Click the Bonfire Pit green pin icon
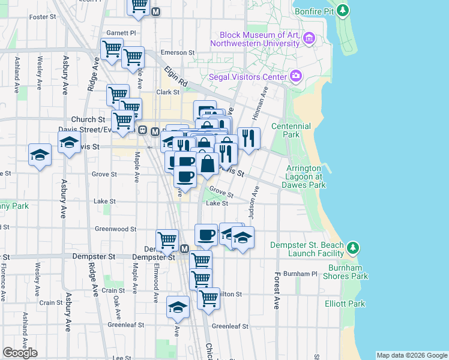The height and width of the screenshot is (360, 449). (343, 10)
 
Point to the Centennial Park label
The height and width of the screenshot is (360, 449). (291, 131)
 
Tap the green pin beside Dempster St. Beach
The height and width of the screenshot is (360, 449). (354, 247)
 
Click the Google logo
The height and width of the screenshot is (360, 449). (20, 353)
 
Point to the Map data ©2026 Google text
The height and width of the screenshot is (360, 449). (412, 355)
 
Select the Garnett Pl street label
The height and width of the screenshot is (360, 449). (121, 32)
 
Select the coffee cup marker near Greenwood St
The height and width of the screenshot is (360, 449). (206, 235)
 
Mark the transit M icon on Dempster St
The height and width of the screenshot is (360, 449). (184, 249)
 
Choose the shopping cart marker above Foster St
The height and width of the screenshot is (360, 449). (139, 6)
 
